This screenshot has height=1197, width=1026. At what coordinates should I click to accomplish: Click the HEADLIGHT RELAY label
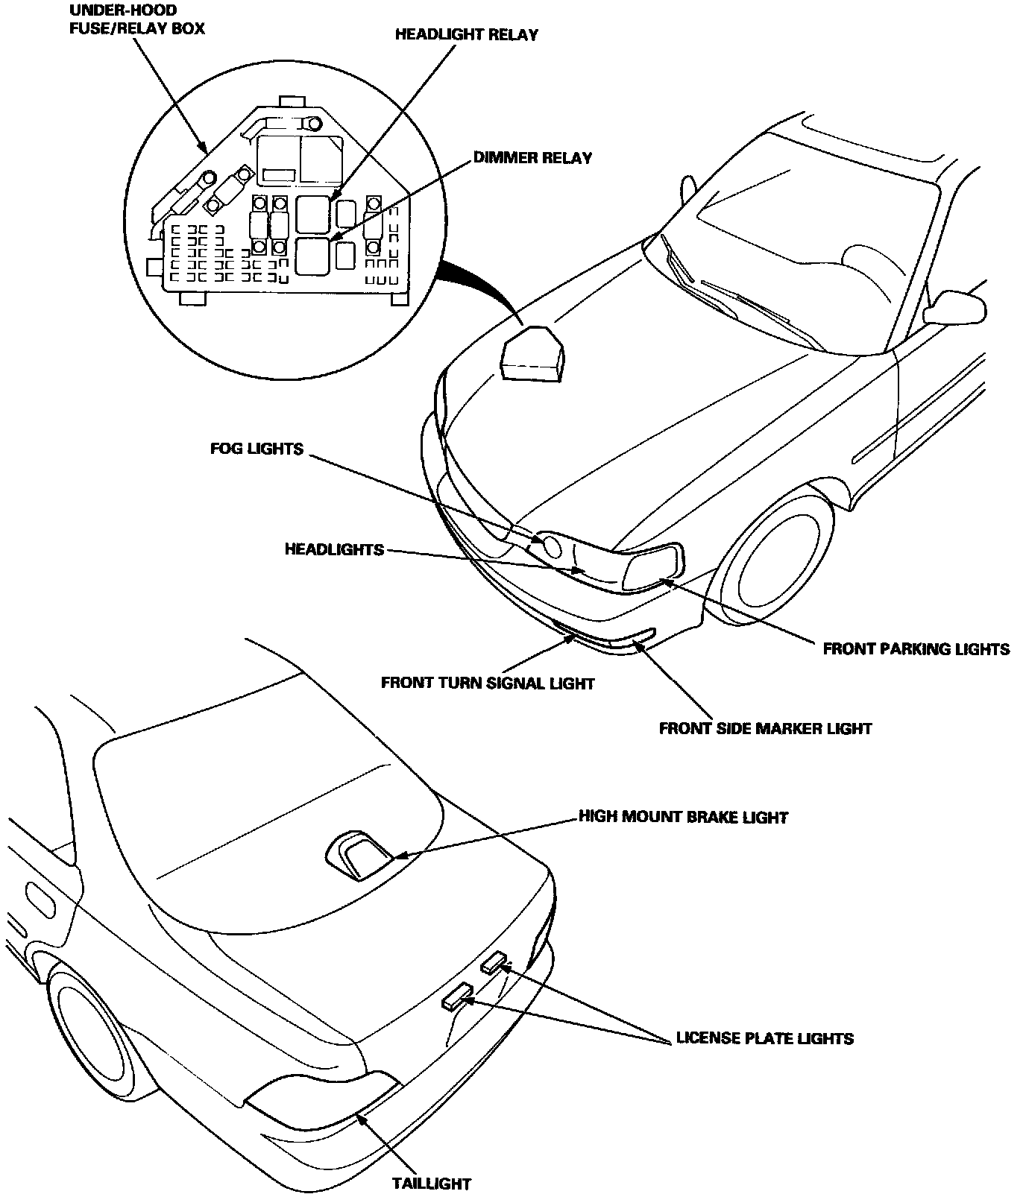(x=466, y=35)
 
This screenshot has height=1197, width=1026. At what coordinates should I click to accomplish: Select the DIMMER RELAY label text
(x=532, y=158)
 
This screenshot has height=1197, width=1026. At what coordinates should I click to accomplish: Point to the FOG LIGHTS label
(x=257, y=449)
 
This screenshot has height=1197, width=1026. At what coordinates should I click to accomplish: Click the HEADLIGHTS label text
(x=334, y=550)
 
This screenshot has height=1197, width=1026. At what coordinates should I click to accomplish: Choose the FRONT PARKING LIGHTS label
(x=916, y=648)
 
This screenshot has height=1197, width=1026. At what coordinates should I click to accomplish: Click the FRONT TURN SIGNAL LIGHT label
(x=488, y=683)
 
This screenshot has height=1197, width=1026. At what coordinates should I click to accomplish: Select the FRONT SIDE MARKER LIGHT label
(x=765, y=728)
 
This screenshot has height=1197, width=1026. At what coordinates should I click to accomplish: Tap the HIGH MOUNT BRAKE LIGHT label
(x=683, y=817)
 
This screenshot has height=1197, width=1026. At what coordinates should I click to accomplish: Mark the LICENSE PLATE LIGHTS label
(x=764, y=1038)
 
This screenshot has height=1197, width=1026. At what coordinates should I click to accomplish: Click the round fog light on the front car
(x=551, y=546)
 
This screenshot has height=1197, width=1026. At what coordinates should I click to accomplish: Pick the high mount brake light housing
(x=361, y=855)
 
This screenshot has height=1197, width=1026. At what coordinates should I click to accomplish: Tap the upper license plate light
(x=494, y=963)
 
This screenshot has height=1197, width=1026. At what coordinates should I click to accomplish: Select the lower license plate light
(x=458, y=997)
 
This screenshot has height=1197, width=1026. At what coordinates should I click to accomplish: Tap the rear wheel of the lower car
(x=91, y=1040)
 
